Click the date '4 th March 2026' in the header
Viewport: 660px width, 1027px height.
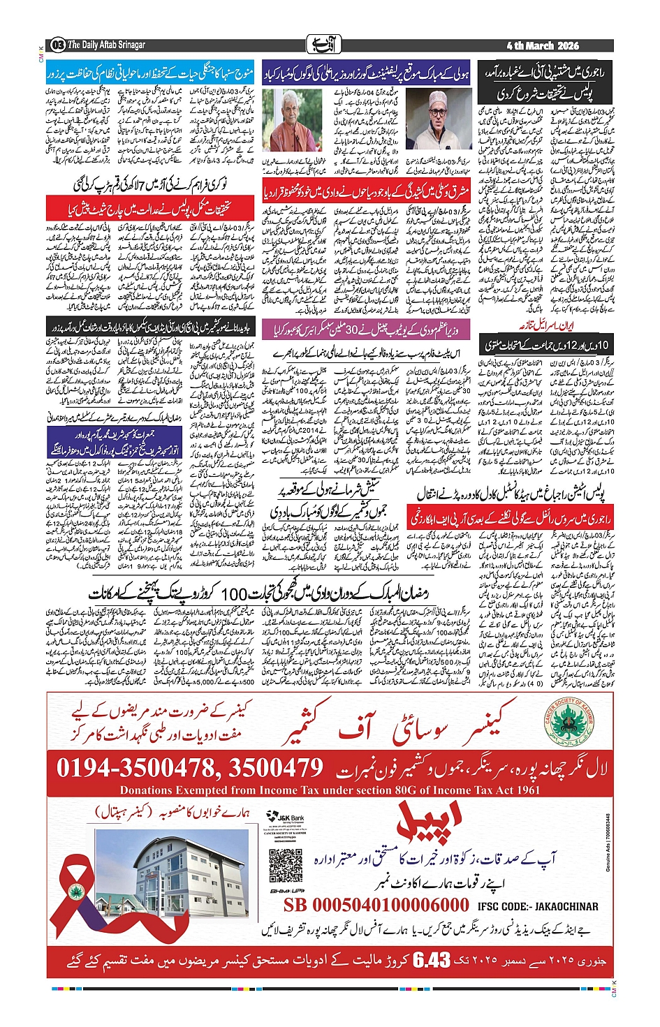[543, 45]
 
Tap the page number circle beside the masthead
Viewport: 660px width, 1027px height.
[57, 45]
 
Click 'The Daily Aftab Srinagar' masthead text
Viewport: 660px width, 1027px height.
[106, 45]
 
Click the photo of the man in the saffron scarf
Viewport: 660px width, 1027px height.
[282, 119]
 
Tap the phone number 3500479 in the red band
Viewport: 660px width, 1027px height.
[275, 769]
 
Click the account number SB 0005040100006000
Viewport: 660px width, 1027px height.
[376, 906]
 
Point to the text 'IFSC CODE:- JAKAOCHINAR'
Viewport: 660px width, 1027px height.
[538, 906]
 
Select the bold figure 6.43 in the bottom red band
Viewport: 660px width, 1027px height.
[432, 961]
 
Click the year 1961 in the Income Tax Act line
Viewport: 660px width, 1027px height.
[525, 790]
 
